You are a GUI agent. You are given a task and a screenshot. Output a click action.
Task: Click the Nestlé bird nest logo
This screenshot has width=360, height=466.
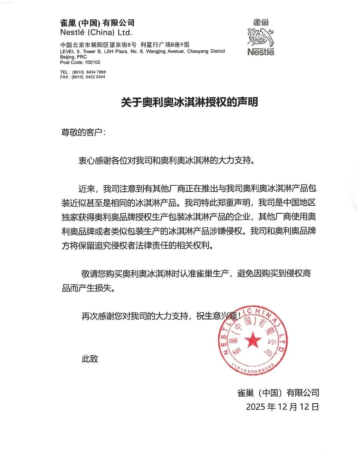click(x=261, y=37)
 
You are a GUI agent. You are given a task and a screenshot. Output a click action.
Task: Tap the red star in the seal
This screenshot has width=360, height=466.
click(x=253, y=340)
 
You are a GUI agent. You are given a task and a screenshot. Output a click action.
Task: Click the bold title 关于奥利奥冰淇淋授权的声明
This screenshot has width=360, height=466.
click(x=189, y=102)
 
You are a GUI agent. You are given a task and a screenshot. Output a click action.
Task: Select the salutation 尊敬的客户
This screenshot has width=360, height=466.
click(x=83, y=132)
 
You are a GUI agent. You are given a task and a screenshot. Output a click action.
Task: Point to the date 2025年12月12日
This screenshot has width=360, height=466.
click(x=282, y=407)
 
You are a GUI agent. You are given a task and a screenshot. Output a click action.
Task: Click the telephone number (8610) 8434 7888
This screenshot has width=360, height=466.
click(x=89, y=72)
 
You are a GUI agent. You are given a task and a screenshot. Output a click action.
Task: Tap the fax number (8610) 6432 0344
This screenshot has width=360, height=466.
click(x=88, y=77)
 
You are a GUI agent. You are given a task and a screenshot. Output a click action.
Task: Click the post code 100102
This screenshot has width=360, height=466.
click(x=92, y=62)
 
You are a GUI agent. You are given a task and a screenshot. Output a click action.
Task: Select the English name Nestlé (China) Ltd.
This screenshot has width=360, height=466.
click(x=96, y=33)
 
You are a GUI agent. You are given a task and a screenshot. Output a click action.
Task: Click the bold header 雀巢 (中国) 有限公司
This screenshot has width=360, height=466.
click(x=97, y=23)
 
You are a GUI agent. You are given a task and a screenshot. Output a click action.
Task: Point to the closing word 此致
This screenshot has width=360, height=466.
click(x=90, y=359)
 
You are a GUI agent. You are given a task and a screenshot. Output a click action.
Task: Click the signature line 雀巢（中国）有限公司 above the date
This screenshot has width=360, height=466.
click(x=278, y=393)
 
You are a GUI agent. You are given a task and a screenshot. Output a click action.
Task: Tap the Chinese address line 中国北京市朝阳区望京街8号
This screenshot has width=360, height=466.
click(x=98, y=45)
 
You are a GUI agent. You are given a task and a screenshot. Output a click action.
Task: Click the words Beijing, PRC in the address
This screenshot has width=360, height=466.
click(x=73, y=57)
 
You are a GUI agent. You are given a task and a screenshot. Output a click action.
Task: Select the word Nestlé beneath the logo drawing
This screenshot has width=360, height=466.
click(x=261, y=52)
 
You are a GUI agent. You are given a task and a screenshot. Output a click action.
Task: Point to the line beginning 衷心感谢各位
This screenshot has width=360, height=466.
click(x=167, y=160)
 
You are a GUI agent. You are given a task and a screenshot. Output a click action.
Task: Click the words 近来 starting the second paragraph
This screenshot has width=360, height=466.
click(x=87, y=189)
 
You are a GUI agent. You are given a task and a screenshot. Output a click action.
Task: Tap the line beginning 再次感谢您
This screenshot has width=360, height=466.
click(x=160, y=316)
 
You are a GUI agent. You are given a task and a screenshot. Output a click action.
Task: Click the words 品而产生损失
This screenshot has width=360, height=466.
click(x=89, y=288)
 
